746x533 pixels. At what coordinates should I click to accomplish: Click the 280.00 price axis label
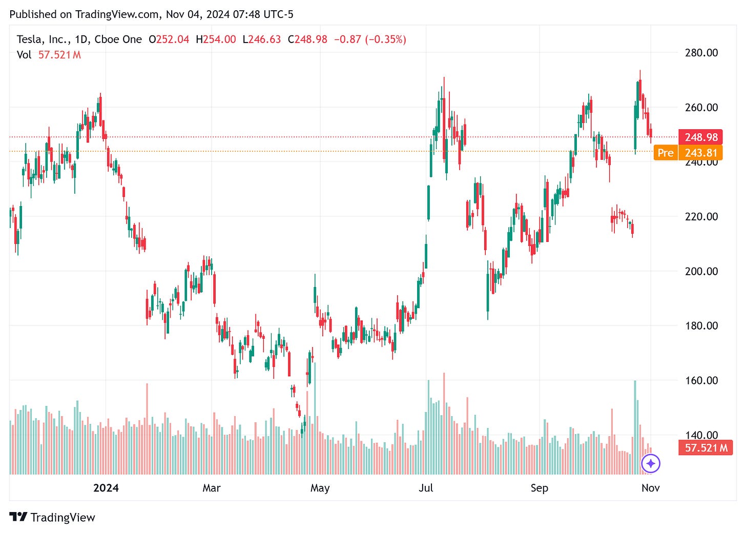(x=701, y=53)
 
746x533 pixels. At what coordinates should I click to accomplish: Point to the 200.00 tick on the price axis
(x=701, y=271)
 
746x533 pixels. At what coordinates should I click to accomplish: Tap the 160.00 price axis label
(x=701, y=380)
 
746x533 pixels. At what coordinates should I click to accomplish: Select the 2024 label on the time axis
(x=106, y=488)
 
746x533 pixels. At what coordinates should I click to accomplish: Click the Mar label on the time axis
(x=212, y=488)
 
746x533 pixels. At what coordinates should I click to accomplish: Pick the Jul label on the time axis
(x=426, y=488)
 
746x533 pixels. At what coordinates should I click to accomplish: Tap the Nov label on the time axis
(x=650, y=488)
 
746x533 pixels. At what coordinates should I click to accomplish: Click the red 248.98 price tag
(x=701, y=137)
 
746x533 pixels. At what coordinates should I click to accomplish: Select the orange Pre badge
(x=665, y=153)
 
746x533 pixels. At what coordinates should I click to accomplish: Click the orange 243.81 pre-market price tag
(x=701, y=153)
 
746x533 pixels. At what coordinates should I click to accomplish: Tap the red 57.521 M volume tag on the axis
(x=706, y=448)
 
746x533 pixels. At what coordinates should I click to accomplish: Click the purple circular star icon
(x=651, y=464)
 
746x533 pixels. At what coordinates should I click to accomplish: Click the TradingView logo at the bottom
(x=52, y=517)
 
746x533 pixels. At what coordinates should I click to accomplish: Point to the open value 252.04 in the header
(x=172, y=39)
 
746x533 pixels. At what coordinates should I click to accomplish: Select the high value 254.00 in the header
(x=219, y=39)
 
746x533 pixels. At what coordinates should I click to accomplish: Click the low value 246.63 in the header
(x=264, y=39)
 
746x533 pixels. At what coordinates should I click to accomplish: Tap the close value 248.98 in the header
(x=310, y=39)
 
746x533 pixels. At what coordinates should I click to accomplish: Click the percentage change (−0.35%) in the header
(x=385, y=39)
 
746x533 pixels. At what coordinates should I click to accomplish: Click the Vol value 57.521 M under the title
(x=59, y=55)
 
